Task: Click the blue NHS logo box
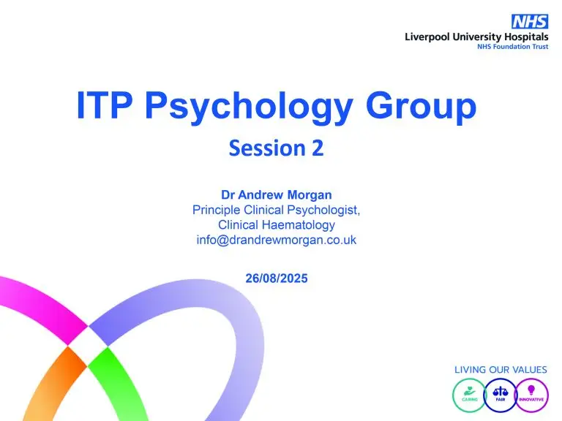530,21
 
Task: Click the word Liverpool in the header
427,37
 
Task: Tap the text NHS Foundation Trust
512,47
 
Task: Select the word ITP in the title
105,105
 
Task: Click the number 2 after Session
318,148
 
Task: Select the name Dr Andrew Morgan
277,194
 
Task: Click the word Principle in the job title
217,210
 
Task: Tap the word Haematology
299,225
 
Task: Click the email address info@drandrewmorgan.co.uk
277,240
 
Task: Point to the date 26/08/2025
277,278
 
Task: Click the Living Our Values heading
501,370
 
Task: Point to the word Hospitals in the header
526,37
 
